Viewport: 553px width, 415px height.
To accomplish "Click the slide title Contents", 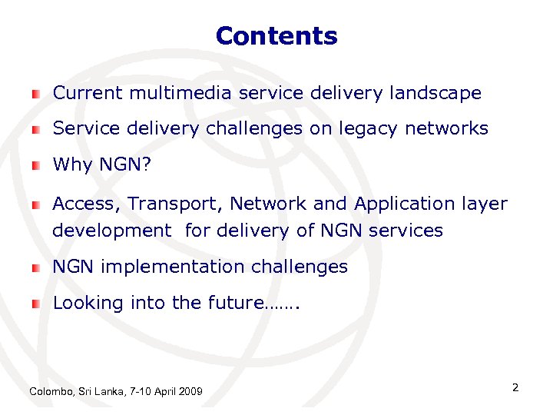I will (276, 36).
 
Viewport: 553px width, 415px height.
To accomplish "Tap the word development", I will (112, 230).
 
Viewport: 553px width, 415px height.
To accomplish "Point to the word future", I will (234, 303).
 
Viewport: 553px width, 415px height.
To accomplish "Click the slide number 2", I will (515, 387).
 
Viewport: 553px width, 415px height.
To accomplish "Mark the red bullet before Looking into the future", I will (35, 304).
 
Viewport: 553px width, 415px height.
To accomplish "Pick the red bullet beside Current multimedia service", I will (35, 95).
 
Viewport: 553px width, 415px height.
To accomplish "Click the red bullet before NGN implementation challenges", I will (35, 268).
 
